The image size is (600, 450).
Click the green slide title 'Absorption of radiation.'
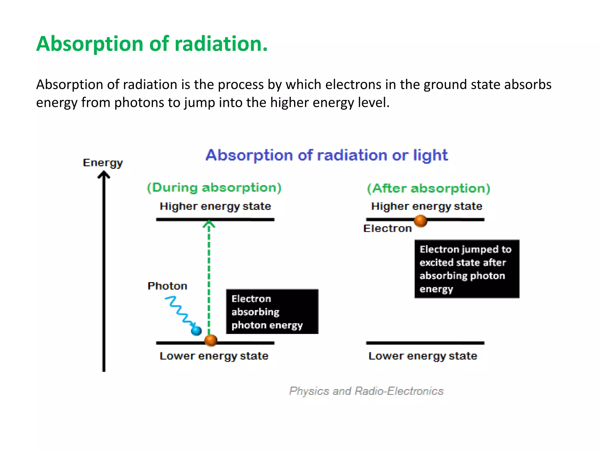click(152, 44)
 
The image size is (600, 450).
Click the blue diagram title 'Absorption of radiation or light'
click(327, 155)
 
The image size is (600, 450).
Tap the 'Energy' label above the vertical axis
click(103, 163)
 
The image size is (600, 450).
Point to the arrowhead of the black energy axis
click(104, 175)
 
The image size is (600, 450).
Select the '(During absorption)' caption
click(214, 187)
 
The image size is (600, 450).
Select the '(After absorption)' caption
click(428, 188)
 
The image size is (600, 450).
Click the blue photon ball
click(196, 331)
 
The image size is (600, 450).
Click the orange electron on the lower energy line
click(211, 340)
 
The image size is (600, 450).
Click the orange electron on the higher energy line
click(420, 221)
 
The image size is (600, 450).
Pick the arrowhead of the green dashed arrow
click(209, 224)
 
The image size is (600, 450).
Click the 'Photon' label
click(167, 286)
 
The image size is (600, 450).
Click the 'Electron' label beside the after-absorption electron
click(387, 229)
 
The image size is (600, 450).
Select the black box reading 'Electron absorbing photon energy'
click(272, 312)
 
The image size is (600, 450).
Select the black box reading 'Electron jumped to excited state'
click(467, 269)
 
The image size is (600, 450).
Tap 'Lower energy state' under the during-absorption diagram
click(214, 356)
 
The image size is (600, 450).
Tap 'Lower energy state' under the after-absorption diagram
click(423, 356)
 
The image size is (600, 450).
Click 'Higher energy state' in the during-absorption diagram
click(215, 206)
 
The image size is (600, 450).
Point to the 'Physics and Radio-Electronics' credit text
click(366, 391)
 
